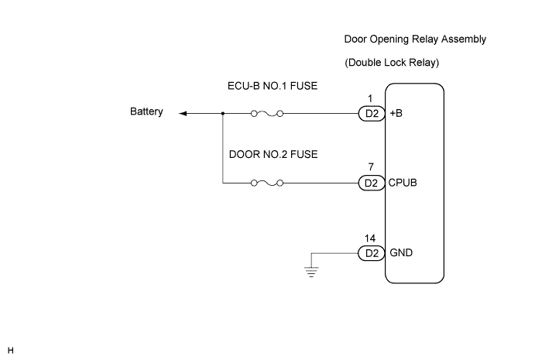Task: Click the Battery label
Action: click(x=146, y=112)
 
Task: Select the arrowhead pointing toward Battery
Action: click(x=183, y=113)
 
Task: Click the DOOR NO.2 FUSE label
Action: click(x=273, y=154)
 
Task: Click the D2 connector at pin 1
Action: click(x=371, y=113)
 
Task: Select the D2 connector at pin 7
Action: click(x=371, y=183)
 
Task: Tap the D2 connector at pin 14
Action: click(x=371, y=253)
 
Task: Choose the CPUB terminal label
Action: click(x=404, y=183)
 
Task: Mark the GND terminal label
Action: click(x=401, y=253)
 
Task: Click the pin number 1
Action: click(x=371, y=99)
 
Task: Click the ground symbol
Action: click(x=311, y=272)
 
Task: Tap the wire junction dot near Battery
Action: click(x=222, y=113)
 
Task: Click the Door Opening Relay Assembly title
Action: click(x=408, y=38)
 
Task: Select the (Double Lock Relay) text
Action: click(x=393, y=62)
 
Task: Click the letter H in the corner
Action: click(x=11, y=351)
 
